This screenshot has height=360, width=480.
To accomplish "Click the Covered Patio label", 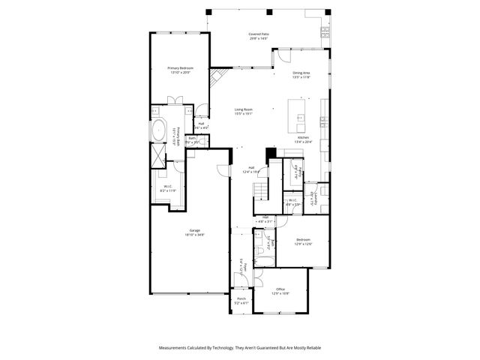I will tap(259, 36).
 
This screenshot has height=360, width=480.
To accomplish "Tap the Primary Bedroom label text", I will tap(179, 70).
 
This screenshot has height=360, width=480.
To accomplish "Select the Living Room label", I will tap(242, 112).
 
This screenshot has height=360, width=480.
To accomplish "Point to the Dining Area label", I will tap(301, 74).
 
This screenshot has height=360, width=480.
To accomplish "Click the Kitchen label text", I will tap(303, 139).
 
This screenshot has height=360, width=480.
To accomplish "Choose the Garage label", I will tap(194, 232).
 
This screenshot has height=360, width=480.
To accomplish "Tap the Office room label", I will tap(280, 290).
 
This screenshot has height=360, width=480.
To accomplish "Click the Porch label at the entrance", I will tap(241, 300).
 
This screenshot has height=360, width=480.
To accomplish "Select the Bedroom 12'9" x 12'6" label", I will tap(302, 241).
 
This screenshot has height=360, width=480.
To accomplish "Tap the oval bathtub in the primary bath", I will tap(159, 132).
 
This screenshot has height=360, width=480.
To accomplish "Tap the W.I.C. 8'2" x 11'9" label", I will tap(168, 189).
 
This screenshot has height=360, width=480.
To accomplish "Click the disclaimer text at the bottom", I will tap(240, 349).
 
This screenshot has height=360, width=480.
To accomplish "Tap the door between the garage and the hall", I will tap(220, 172).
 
